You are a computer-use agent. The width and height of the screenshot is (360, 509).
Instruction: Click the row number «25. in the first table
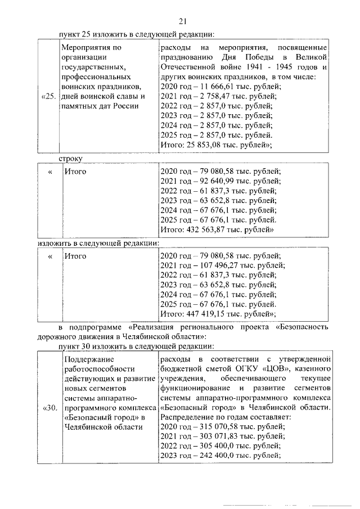[x=49, y=96]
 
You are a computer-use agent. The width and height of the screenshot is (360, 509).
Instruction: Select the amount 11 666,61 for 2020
[x=213, y=86]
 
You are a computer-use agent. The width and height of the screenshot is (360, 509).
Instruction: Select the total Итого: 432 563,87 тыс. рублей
[x=217, y=229]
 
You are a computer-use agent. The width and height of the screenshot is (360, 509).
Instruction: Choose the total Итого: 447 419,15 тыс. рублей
[x=217, y=313]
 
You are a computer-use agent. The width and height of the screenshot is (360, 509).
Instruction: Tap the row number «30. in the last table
[x=49, y=408]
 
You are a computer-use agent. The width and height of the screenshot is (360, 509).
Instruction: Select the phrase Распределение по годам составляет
[x=225, y=417]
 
